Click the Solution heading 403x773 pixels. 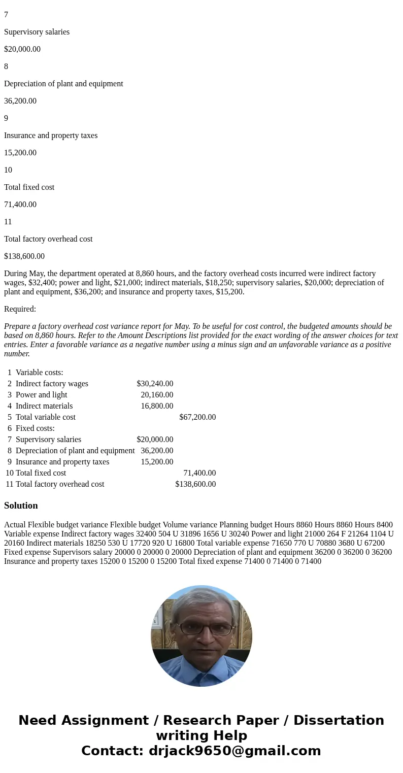21,506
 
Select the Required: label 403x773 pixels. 20,309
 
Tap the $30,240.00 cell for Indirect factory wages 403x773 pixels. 155,384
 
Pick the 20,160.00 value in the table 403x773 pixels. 157,395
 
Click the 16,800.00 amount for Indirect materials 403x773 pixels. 157,406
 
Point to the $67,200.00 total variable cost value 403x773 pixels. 197,417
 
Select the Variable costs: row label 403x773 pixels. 40,373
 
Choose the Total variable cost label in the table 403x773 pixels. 46,417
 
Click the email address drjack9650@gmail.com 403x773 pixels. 234,751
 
